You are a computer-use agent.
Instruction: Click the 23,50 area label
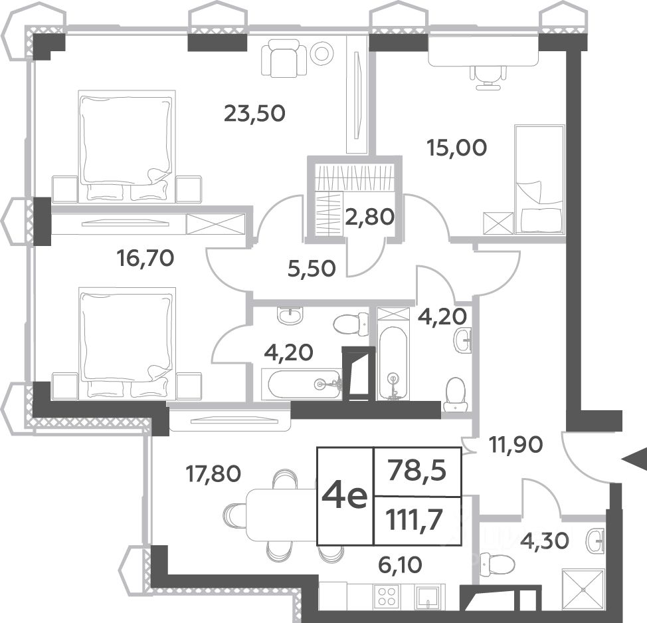[254, 113]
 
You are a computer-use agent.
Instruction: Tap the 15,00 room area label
[457, 148]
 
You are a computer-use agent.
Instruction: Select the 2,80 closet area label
[370, 217]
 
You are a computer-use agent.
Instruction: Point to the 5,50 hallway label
[312, 269]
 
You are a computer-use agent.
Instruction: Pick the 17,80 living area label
[213, 473]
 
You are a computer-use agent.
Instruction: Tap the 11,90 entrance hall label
[515, 445]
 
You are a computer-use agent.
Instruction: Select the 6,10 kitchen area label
[400, 564]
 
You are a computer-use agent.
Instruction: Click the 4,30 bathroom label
[545, 541]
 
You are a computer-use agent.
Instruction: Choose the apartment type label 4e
[345, 496]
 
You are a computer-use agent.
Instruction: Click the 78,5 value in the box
[416, 471]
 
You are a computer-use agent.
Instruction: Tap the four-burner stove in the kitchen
[387, 596]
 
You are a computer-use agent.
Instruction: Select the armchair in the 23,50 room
[284, 58]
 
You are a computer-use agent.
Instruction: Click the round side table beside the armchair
[323, 53]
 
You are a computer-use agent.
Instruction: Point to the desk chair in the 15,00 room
[489, 77]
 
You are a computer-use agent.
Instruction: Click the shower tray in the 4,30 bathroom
[583, 588]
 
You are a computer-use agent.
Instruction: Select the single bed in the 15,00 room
[539, 180]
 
